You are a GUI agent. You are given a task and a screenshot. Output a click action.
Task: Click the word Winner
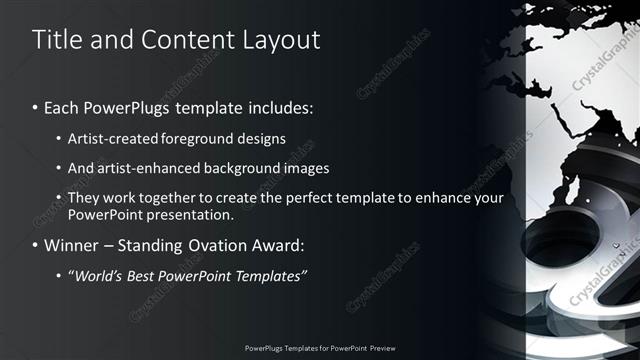pyautogui.click(x=73, y=244)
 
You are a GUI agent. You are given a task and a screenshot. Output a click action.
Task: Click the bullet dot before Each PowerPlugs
pyautogui.click(x=36, y=106)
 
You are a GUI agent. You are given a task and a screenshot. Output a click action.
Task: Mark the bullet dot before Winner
pyautogui.click(x=36, y=244)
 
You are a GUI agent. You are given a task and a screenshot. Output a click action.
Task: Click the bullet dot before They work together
pyautogui.click(x=60, y=198)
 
